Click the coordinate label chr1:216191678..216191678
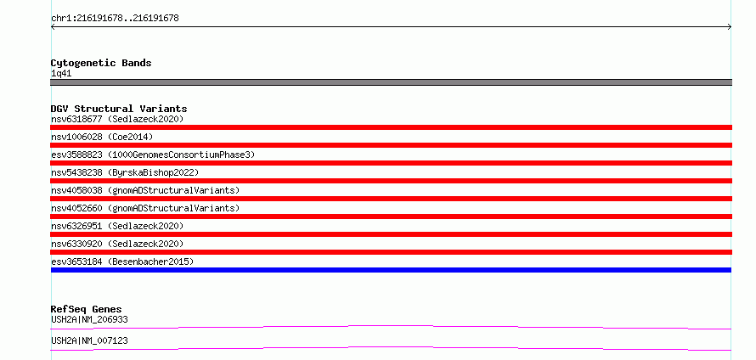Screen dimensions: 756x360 (115, 19)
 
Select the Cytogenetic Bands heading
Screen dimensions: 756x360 (101, 63)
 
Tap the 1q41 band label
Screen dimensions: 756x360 (62, 74)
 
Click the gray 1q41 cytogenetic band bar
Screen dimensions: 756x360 (391, 82)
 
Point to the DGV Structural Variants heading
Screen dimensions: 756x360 (119, 109)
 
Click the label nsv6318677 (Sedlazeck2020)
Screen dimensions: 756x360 (117, 119)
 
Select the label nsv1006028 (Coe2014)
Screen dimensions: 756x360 (102, 137)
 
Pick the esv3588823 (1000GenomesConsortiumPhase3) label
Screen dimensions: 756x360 (153, 155)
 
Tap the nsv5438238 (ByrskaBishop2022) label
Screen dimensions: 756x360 (125, 172)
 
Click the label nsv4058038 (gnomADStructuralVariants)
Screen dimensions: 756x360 (145, 190)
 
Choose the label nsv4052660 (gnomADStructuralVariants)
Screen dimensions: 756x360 (145, 208)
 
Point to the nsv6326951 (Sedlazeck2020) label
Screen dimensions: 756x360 (117, 226)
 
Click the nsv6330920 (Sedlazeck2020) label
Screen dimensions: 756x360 (117, 244)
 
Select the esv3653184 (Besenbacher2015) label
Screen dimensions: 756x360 (122, 262)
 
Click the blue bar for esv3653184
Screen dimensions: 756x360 (391, 270)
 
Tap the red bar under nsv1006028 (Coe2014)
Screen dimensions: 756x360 (391, 145)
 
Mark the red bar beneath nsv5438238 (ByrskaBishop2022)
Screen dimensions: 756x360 (391, 181)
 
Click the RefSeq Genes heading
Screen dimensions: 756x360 (87, 309)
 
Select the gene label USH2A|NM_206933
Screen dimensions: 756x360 (89, 319)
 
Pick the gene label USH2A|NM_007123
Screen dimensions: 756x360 (89, 340)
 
